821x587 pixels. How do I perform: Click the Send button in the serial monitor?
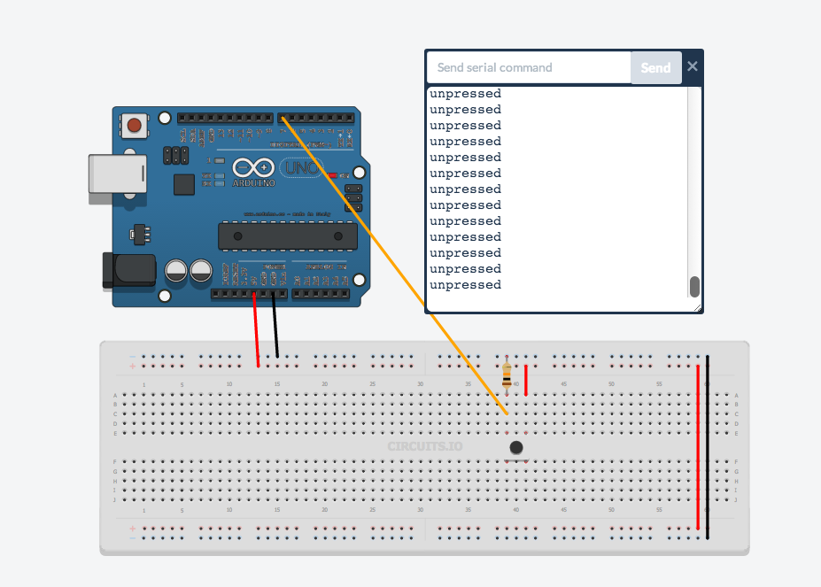click(655, 67)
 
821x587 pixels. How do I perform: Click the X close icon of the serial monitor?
click(693, 66)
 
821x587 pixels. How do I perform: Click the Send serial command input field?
click(528, 67)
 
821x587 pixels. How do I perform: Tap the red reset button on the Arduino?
click(134, 125)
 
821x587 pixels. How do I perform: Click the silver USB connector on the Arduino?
click(117, 174)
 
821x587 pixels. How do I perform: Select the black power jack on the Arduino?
click(128, 271)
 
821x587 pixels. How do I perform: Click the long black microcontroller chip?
click(288, 236)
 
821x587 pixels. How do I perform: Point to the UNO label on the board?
click(301, 167)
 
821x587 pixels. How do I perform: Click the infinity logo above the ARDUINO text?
click(253, 167)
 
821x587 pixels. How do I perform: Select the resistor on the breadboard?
click(507, 375)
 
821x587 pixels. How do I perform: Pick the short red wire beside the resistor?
click(526, 380)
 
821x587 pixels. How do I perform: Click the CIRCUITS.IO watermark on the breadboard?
click(425, 446)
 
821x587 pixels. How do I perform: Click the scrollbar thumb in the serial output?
click(694, 286)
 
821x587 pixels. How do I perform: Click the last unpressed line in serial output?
click(466, 285)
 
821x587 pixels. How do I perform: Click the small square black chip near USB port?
click(184, 184)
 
